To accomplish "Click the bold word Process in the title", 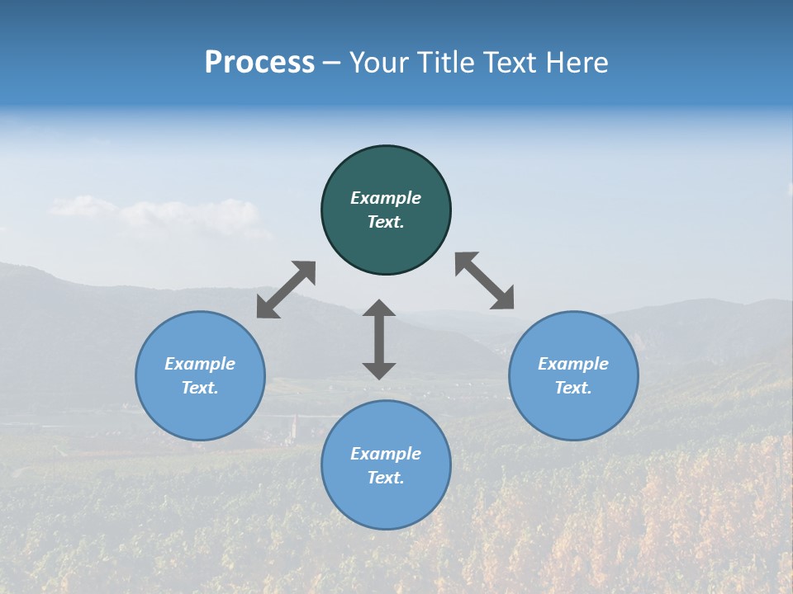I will click(259, 63).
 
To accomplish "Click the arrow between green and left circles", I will click(286, 290).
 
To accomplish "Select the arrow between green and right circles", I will click(485, 280).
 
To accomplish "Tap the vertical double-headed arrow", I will click(379, 339).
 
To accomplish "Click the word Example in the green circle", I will click(386, 198).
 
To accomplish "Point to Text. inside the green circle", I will click(386, 222).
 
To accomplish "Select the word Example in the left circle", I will click(200, 364).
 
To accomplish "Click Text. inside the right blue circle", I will click(573, 388).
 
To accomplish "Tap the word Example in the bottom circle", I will click(386, 454).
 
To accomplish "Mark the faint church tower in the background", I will click(293, 427).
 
